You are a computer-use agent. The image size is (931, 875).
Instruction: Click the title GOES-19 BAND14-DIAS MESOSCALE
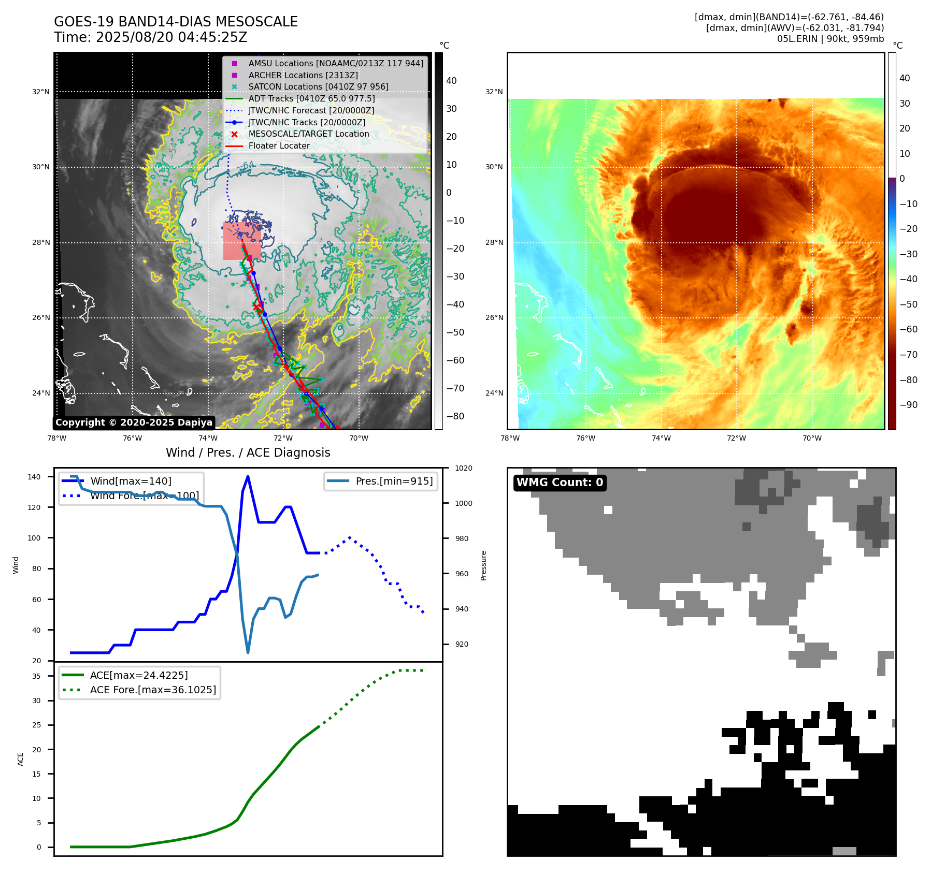point(176,22)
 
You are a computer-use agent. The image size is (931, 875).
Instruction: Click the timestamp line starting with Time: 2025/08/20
point(150,37)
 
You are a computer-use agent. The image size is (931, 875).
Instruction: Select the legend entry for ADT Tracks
point(311,98)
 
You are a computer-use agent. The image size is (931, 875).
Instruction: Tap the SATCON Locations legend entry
point(318,86)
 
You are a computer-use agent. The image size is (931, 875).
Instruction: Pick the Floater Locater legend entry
point(279,145)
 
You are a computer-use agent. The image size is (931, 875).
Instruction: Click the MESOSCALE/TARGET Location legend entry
point(309,134)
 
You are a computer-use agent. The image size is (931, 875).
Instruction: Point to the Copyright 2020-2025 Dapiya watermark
point(134,422)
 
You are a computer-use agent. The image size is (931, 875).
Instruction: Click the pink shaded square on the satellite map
point(242,241)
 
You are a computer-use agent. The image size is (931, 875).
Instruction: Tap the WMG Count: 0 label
point(560,483)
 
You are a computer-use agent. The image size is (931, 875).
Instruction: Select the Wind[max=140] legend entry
point(131,481)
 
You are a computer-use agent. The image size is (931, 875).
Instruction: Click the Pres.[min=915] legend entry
point(394,481)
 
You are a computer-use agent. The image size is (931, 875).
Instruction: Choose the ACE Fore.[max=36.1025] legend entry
point(153,690)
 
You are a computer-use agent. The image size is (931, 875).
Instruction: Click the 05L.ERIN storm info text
point(830,39)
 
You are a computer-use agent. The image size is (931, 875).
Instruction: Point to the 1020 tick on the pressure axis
point(463,468)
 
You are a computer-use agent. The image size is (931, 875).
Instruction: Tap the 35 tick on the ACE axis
point(36,676)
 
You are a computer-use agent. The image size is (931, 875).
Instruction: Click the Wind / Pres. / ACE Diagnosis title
point(248,453)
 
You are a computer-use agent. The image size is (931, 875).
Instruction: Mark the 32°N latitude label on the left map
point(41,92)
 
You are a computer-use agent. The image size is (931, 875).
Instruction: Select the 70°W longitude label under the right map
point(812,438)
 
